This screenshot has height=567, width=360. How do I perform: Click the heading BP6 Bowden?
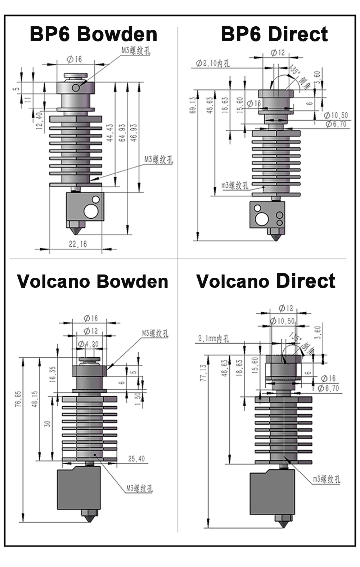(x=93, y=34)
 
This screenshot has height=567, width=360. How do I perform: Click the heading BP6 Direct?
(x=274, y=34)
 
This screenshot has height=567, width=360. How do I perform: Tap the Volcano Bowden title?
(x=93, y=281)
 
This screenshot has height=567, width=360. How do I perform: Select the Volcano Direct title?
(x=266, y=281)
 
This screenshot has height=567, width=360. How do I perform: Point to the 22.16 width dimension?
(x=78, y=244)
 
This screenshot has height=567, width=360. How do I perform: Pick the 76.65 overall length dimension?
(x=18, y=399)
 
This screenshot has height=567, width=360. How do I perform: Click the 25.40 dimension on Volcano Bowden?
(x=136, y=459)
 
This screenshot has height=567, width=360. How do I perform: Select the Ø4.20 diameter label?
(x=88, y=344)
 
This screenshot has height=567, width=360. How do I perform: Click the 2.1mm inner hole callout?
(x=213, y=339)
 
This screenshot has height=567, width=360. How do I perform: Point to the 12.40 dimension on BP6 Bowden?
(x=39, y=120)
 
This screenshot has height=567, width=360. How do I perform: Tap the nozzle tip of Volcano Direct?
(x=284, y=526)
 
